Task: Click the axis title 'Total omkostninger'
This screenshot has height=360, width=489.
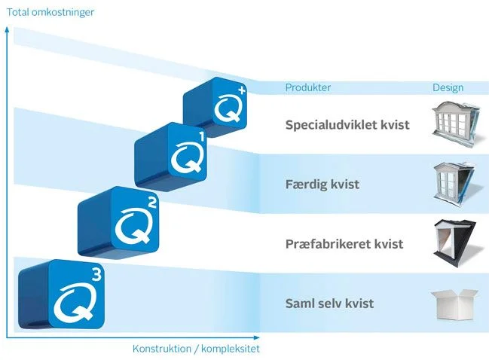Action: [50, 13]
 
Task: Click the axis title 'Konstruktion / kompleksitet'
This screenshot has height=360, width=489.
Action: [196, 349]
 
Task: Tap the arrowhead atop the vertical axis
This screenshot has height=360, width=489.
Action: [8, 29]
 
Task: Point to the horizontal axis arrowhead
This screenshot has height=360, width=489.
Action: [256, 337]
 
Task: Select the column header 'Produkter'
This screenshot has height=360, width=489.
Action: [308, 87]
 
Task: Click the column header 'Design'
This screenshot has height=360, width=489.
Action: [448, 87]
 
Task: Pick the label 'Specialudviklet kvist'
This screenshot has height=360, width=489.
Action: [347, 125]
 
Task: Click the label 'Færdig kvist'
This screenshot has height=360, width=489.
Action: [322, 184]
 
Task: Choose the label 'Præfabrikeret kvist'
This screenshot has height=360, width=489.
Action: [344, 243]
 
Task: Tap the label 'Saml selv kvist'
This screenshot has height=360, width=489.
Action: [329, 303]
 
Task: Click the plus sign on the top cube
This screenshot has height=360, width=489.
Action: [242, 90]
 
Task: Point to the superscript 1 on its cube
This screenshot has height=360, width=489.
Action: [201, 137]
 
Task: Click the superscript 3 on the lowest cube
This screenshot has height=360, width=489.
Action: [97, 275]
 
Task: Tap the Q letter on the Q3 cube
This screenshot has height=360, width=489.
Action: [74, 302]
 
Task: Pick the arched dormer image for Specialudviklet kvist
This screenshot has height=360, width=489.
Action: [455, 123]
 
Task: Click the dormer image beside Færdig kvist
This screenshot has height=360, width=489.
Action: [454, 183]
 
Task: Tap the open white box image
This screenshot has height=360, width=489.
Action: [454, 304]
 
